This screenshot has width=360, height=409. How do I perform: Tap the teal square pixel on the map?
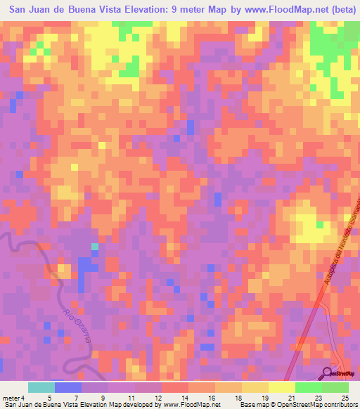coord(94,247)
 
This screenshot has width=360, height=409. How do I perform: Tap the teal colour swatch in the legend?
coord(41,387)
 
